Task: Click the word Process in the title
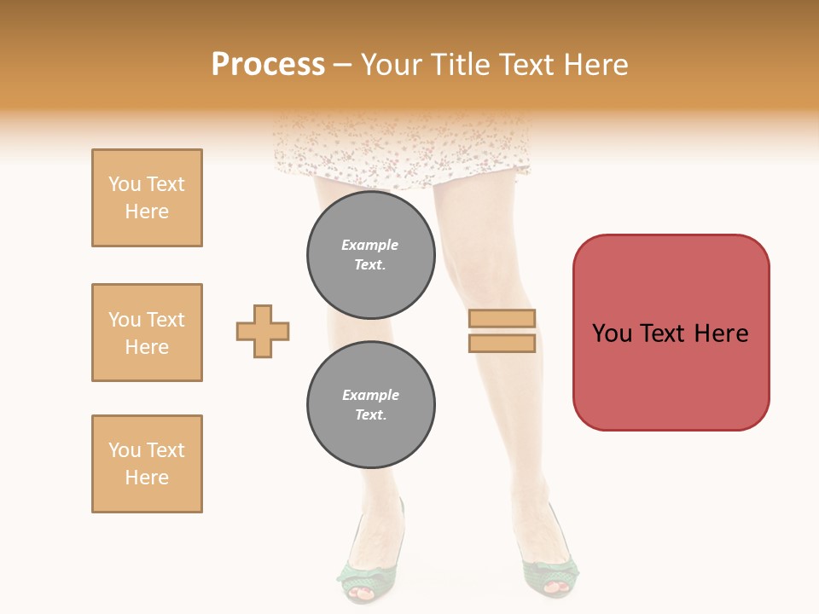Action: [x=268, y=65]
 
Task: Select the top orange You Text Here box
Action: [x=147, y=198]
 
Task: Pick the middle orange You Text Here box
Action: [x=147, y=333]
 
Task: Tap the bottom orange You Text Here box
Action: [x=147, y=464]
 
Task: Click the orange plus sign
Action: [x=263, y=331]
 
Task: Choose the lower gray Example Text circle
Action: [x=370, y=405]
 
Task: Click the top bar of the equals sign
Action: [x=502, y=319]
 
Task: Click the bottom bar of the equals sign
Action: [x=502, y=343]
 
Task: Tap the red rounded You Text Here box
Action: [x=671, y=333]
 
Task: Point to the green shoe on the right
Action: [x=549, y=567]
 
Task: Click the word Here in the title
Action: [x=596, y=65]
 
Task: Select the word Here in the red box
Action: [x=721, y=333]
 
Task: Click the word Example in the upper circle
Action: [x=370, y=245]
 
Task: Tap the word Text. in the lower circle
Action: [x=370, y=415]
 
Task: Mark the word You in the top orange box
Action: [x=123, y=184]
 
